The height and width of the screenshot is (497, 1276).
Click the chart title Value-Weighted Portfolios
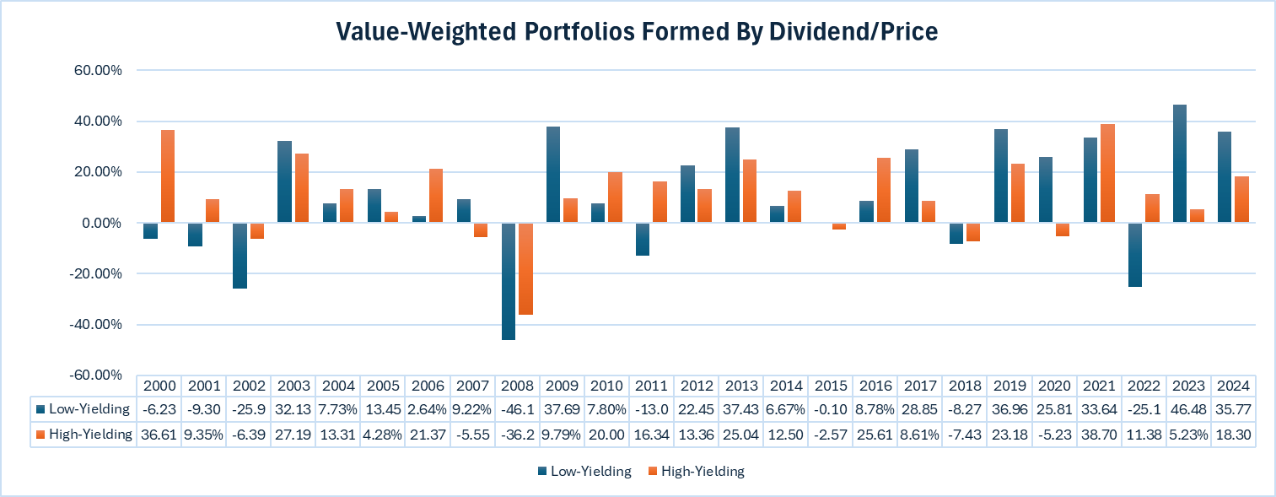tap(637, 31)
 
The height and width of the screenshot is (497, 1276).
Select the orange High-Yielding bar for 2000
tap(168, 176)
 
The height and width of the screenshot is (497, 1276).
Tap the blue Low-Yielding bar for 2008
tap(509, 281)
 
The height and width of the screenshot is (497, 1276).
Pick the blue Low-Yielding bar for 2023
tap(1181, 164)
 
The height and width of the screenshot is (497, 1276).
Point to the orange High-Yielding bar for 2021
tap(1108, 173)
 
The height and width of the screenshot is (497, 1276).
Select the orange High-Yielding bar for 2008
tap(525, 268)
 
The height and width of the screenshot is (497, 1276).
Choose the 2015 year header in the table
tap(831, 386)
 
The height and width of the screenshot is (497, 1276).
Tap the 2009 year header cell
tap(563, 386)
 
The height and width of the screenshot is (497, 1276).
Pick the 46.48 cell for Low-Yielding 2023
tap(1189, 409)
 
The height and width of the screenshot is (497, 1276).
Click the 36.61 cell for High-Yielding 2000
tap(160, 434)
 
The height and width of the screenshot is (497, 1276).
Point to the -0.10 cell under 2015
tap(831, 409)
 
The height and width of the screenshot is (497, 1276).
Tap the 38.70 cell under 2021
tap(1099, 434)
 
